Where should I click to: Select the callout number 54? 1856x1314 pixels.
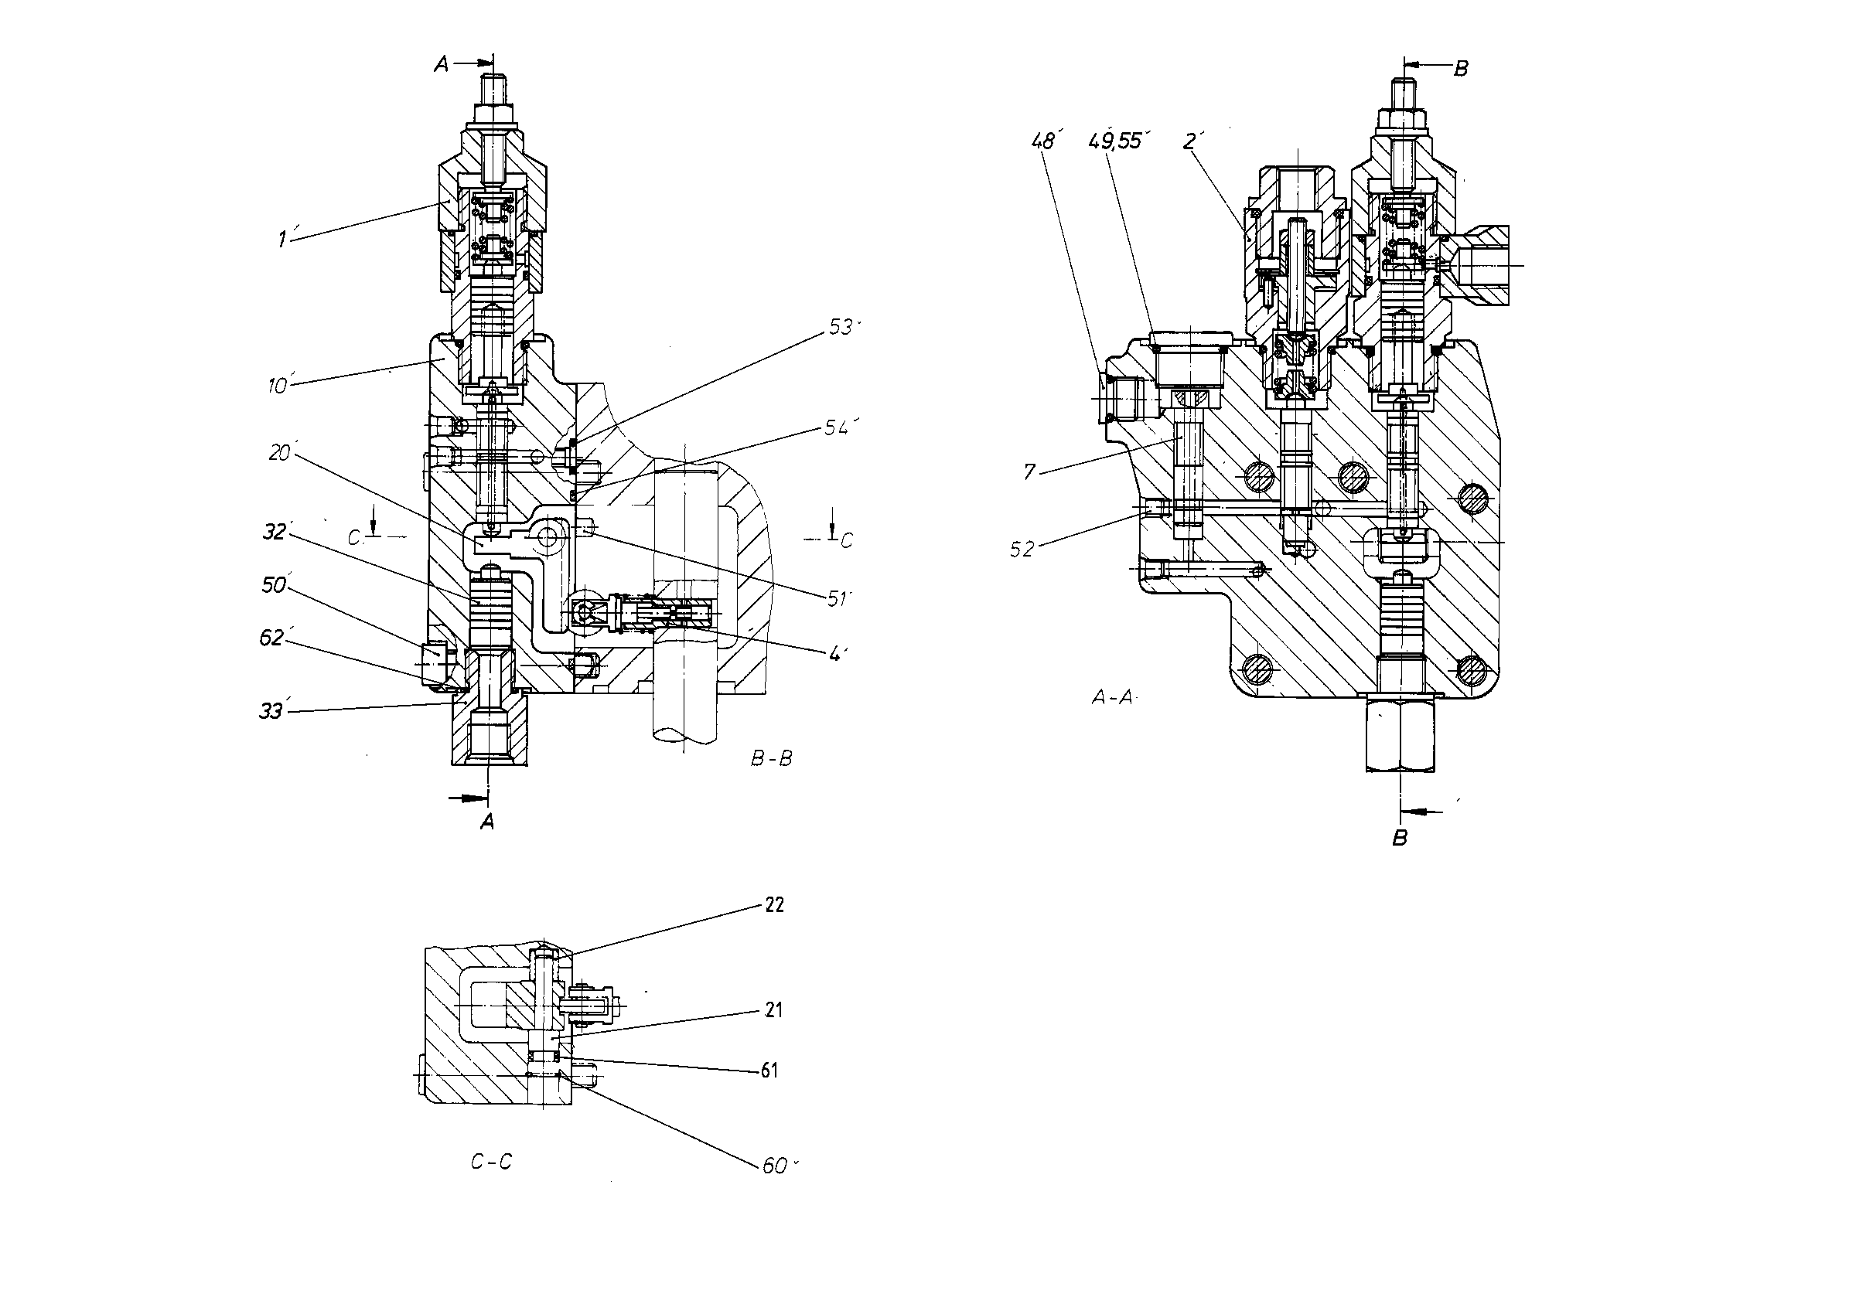pos(838,427)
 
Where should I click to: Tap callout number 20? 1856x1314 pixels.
pos(280,453)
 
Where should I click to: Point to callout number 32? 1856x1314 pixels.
pos(275,532)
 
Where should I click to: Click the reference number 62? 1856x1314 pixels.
pos(272,638)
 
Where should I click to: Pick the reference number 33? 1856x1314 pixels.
pos(271,710)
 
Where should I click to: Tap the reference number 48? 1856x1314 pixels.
pos(1043,141)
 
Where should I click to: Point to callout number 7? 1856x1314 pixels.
pos(1029,471)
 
